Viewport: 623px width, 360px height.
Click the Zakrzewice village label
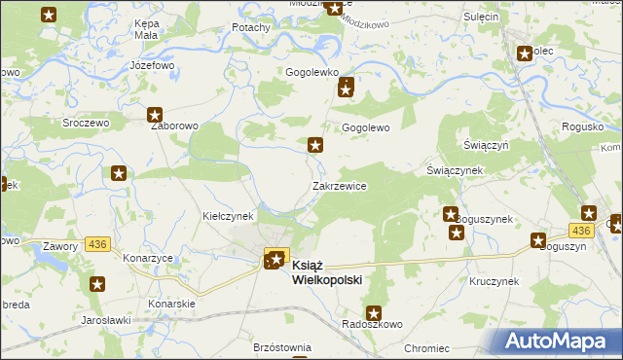tap(339, 186)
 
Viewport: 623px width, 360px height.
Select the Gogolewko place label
tap(311, 72)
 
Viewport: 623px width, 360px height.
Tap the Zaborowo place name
tap(173, 126)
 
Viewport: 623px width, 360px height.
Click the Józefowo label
tap(151, 65)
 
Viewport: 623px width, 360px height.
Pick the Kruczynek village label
tap(494, 281)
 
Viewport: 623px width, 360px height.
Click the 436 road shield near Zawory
tap(96, 243)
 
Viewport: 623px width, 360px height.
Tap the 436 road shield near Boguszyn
tap(581, 230)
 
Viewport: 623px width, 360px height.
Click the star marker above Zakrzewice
tap(315, 146)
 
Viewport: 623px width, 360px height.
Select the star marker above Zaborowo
tap(154, 115)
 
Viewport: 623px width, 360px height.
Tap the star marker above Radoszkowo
tap(372, 312)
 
